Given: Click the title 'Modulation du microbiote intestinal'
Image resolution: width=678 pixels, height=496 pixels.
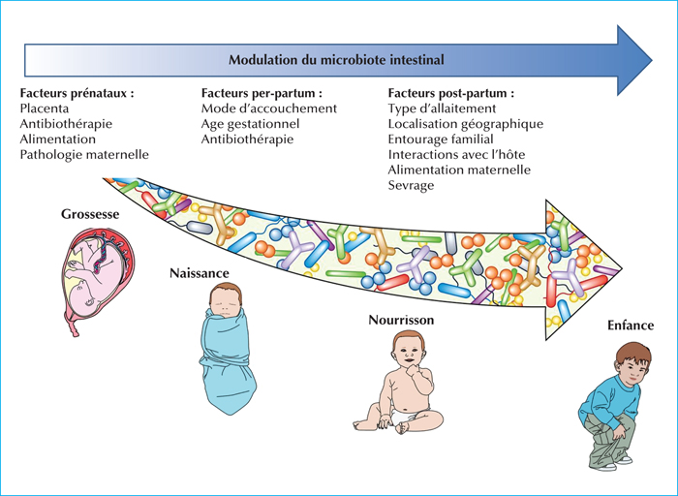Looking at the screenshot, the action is click(336, 60).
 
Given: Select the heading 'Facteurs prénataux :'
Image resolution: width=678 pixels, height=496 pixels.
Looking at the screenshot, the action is click(77, 93).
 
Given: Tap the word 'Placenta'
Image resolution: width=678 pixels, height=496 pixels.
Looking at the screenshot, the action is click(45, 108).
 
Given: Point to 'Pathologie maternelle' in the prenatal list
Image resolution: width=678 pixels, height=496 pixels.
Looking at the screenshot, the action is click(84, 154).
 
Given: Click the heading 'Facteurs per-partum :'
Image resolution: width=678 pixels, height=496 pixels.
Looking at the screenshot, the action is click(262, 93).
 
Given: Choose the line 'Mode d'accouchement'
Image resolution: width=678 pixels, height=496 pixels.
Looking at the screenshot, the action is click(269, 108).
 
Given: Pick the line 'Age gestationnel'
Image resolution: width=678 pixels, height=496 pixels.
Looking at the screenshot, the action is click(250, 124).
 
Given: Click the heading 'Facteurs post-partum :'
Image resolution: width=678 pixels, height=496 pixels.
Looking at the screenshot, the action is click(451, 93).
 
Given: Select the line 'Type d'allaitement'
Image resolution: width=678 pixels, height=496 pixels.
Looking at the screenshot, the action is click(442, 108).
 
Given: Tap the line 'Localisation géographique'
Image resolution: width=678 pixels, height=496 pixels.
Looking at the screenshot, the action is click(466, 124).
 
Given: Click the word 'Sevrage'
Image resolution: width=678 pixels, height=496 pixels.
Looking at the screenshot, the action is click(411, 185).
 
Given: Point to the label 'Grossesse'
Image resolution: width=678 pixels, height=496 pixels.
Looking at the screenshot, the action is click(90, 214).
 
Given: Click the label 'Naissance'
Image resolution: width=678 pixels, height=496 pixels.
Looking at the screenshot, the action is click(200, 273).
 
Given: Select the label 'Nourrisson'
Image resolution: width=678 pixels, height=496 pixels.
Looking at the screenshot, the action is click(401, 320).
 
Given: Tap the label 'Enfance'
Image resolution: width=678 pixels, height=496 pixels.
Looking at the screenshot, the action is click(631, 325).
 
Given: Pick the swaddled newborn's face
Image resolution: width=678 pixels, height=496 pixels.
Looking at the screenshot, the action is click(225, 302).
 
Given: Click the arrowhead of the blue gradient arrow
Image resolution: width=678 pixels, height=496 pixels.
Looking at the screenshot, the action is click(633, 60).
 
